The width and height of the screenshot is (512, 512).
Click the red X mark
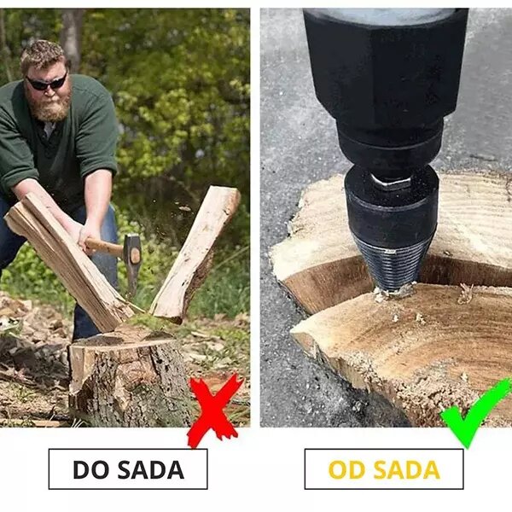213,410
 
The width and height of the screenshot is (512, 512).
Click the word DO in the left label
90,469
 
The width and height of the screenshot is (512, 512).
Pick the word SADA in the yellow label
404,469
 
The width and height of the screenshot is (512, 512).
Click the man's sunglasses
46,83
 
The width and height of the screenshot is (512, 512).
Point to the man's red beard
51,108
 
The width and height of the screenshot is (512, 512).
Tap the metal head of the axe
132,260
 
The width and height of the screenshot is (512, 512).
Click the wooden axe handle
103,246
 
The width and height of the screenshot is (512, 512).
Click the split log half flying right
196,252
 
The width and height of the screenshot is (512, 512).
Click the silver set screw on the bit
391,182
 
